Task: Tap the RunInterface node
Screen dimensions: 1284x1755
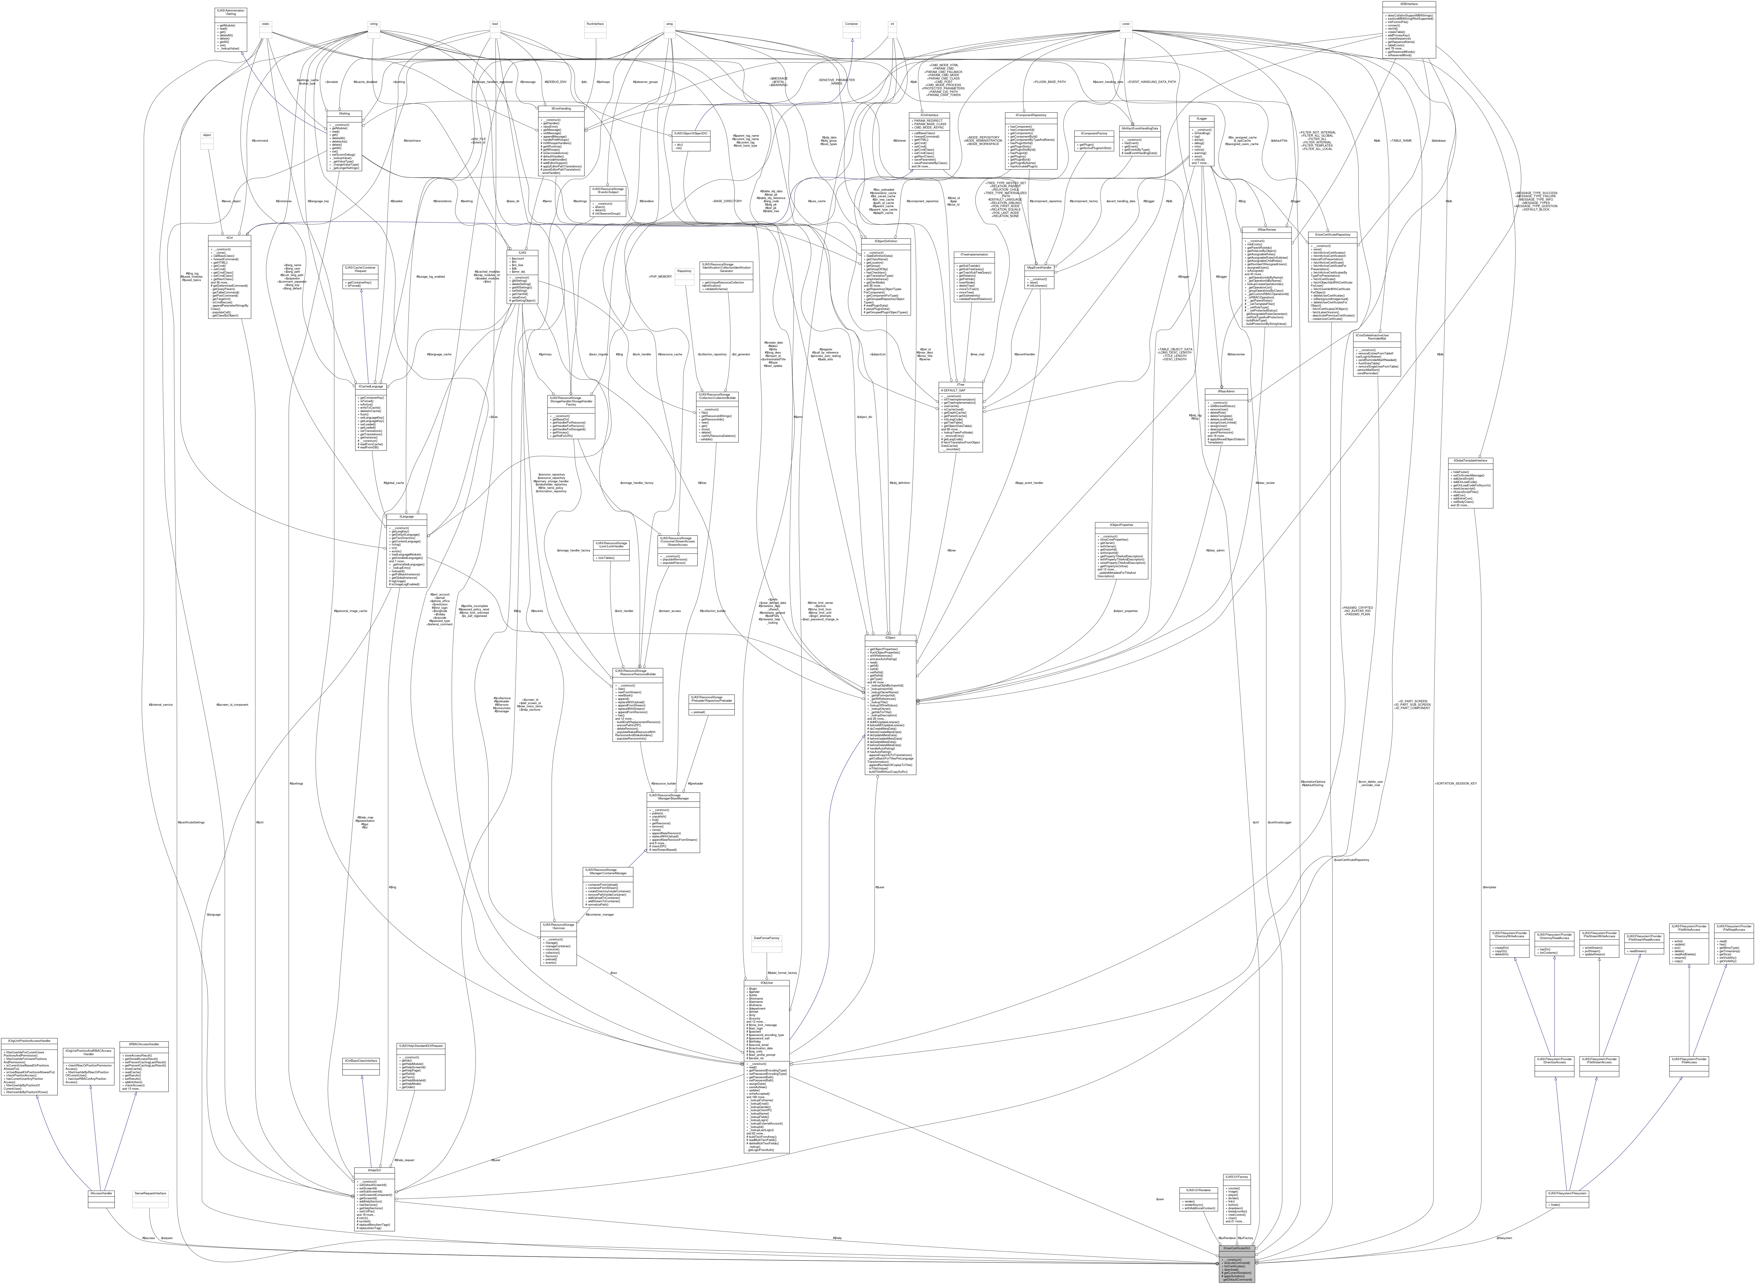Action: click(595, 24)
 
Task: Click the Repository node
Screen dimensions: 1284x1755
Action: click(684, 270)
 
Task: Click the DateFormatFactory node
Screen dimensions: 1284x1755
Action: click(766, 938)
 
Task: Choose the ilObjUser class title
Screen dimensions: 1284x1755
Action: click(766, 982)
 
